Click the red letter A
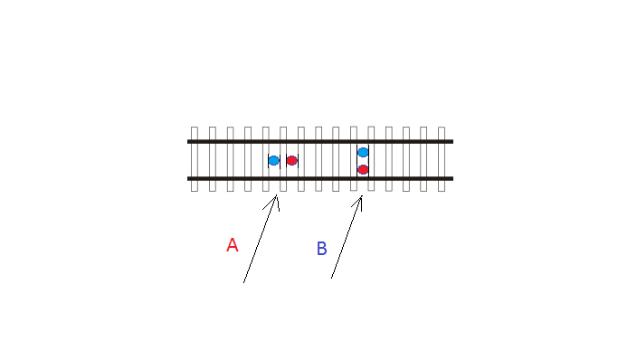[x=232, y=245]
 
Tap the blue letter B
[x=322, y=248]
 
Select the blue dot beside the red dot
[x=274, y=160]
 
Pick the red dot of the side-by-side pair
[x=291, y=160]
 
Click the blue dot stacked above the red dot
[x=363, y=152]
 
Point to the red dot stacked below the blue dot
[x=363, y=169]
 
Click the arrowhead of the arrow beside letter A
[x=276, y=196]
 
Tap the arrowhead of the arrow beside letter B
[x=362, y=196]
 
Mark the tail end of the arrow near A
[x=243, y=282]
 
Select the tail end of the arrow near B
[x=331, y=278]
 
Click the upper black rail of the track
[x=320, y=141]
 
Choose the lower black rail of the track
[x=320, y=178]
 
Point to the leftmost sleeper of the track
[x=195, y=159]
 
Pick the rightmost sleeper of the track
[x=442, y=159]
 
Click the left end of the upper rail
[x=187, y=141]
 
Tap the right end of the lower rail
[x=453, y=178]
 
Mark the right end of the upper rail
[x=453, y=141]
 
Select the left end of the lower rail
[x=187, y=178]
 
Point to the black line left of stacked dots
[x=357, y=160]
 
